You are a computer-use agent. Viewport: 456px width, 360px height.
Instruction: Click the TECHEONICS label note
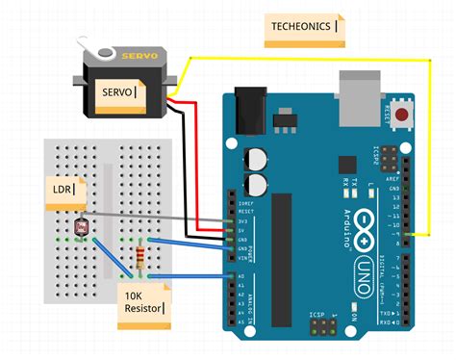304,28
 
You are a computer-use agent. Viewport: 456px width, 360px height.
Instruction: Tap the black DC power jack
250,105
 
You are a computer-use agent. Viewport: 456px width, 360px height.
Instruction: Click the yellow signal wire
308,57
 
